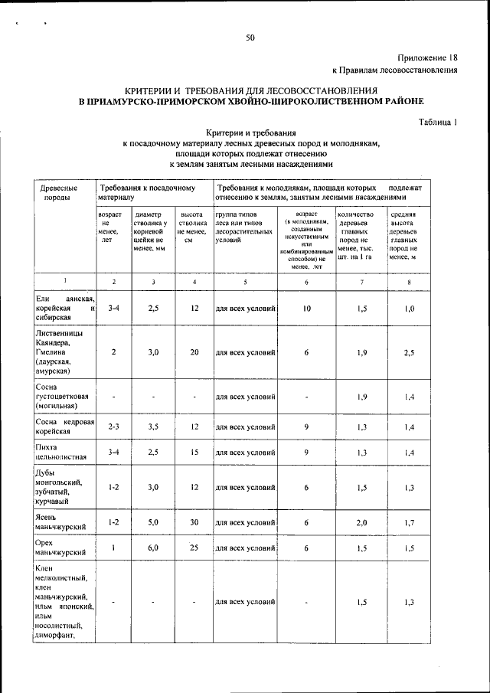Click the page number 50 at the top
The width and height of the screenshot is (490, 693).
pos(250,38)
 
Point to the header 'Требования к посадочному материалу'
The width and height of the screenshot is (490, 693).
pos(145,192)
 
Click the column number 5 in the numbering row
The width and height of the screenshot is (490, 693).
pos(245,282)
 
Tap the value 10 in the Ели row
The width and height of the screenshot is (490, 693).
pos(306,309)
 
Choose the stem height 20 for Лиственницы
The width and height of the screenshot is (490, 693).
pos(194,352)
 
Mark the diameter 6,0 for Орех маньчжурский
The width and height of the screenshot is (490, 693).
pos(153,549)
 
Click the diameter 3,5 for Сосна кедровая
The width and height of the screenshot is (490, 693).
pos(153,427)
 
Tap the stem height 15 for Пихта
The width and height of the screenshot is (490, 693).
pos(194,452)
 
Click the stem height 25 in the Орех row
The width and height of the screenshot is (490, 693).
pos(194,549)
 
